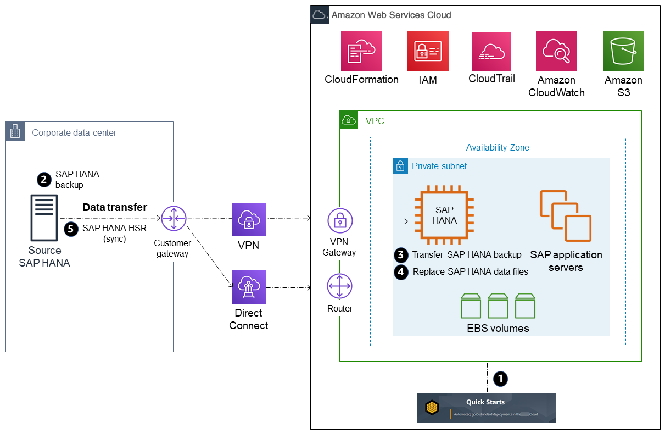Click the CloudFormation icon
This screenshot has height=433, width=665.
(361, 51)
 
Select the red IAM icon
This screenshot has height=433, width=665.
(428, 51)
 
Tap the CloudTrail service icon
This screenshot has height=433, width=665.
(491, 51)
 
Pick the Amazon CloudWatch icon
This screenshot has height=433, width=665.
(556, 51)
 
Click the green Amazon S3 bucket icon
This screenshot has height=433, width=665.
(623, 51)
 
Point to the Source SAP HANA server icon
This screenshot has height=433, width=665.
(44, 218)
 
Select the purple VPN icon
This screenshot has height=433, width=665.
(249, 219)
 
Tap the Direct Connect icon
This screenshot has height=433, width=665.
(249, 287)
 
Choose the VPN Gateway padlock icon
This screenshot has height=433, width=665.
(340, 221)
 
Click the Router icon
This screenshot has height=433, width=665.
(340, 287)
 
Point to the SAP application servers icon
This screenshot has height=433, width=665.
(566, 216)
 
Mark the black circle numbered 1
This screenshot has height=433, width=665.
(500, 378)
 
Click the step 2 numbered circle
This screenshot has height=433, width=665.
(44, 179)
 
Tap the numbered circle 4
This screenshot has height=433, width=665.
(401, 271)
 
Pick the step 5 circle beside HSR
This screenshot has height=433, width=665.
(71, 229)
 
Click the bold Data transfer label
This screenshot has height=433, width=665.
(115, 207)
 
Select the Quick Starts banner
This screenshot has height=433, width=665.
(486, 407)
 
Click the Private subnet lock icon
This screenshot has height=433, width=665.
(400, 166)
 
